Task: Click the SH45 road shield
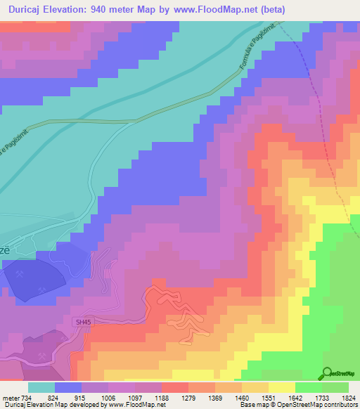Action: pyautogui.click(x=84, y=322)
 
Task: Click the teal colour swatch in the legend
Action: pyautogui.click(x=41, y=387)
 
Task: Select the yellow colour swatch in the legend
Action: pyautogui.click(x=282, y=387)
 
